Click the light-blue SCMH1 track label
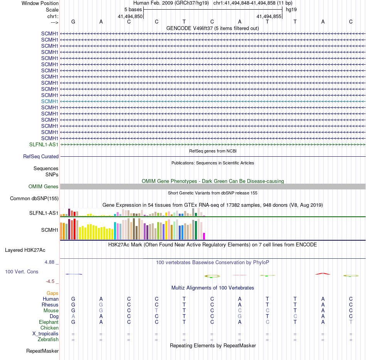tap(50, 101)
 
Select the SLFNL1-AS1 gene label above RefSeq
tap(44, 144)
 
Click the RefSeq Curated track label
tap(41, 157)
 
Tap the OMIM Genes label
tap(44, 187)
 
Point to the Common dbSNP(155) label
tap(34, 199)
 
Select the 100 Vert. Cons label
tap(22, 272)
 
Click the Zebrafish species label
tap(48, 340)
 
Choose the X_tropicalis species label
tap(45, 334)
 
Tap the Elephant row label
tap(49, 322)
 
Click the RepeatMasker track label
tap(42, 351)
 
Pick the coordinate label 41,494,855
tap(269, 17)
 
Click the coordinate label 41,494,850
tap(130, 17)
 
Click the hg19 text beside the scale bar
tap(291, 9)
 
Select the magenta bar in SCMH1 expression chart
tap(204, 236)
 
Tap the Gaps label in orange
tap(52, 293)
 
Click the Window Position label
tap(40, 3)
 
